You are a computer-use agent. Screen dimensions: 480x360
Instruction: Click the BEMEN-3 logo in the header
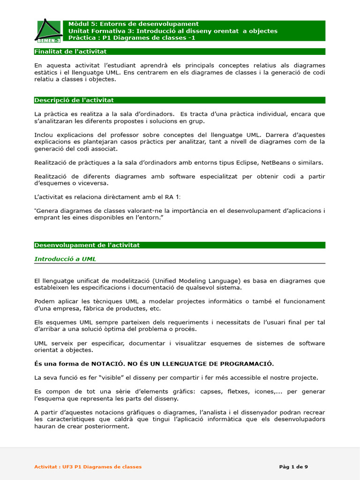[48, 31]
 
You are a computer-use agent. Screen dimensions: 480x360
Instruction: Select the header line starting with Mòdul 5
[133, 24]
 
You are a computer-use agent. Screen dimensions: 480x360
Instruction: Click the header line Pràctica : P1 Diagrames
[132, 38]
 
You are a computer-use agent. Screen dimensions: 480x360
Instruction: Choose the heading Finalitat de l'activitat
[70, 52]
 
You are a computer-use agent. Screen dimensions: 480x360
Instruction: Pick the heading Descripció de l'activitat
[74, 100]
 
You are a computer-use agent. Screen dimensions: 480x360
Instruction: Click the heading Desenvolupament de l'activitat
[87, 245]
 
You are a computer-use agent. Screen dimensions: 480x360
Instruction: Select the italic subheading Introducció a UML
[65, 259]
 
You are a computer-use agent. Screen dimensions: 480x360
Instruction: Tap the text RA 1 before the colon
[172, 197]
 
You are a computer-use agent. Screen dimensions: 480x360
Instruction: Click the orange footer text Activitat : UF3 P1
[88, 467]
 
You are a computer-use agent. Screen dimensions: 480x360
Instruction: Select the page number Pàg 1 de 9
[293, 467]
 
